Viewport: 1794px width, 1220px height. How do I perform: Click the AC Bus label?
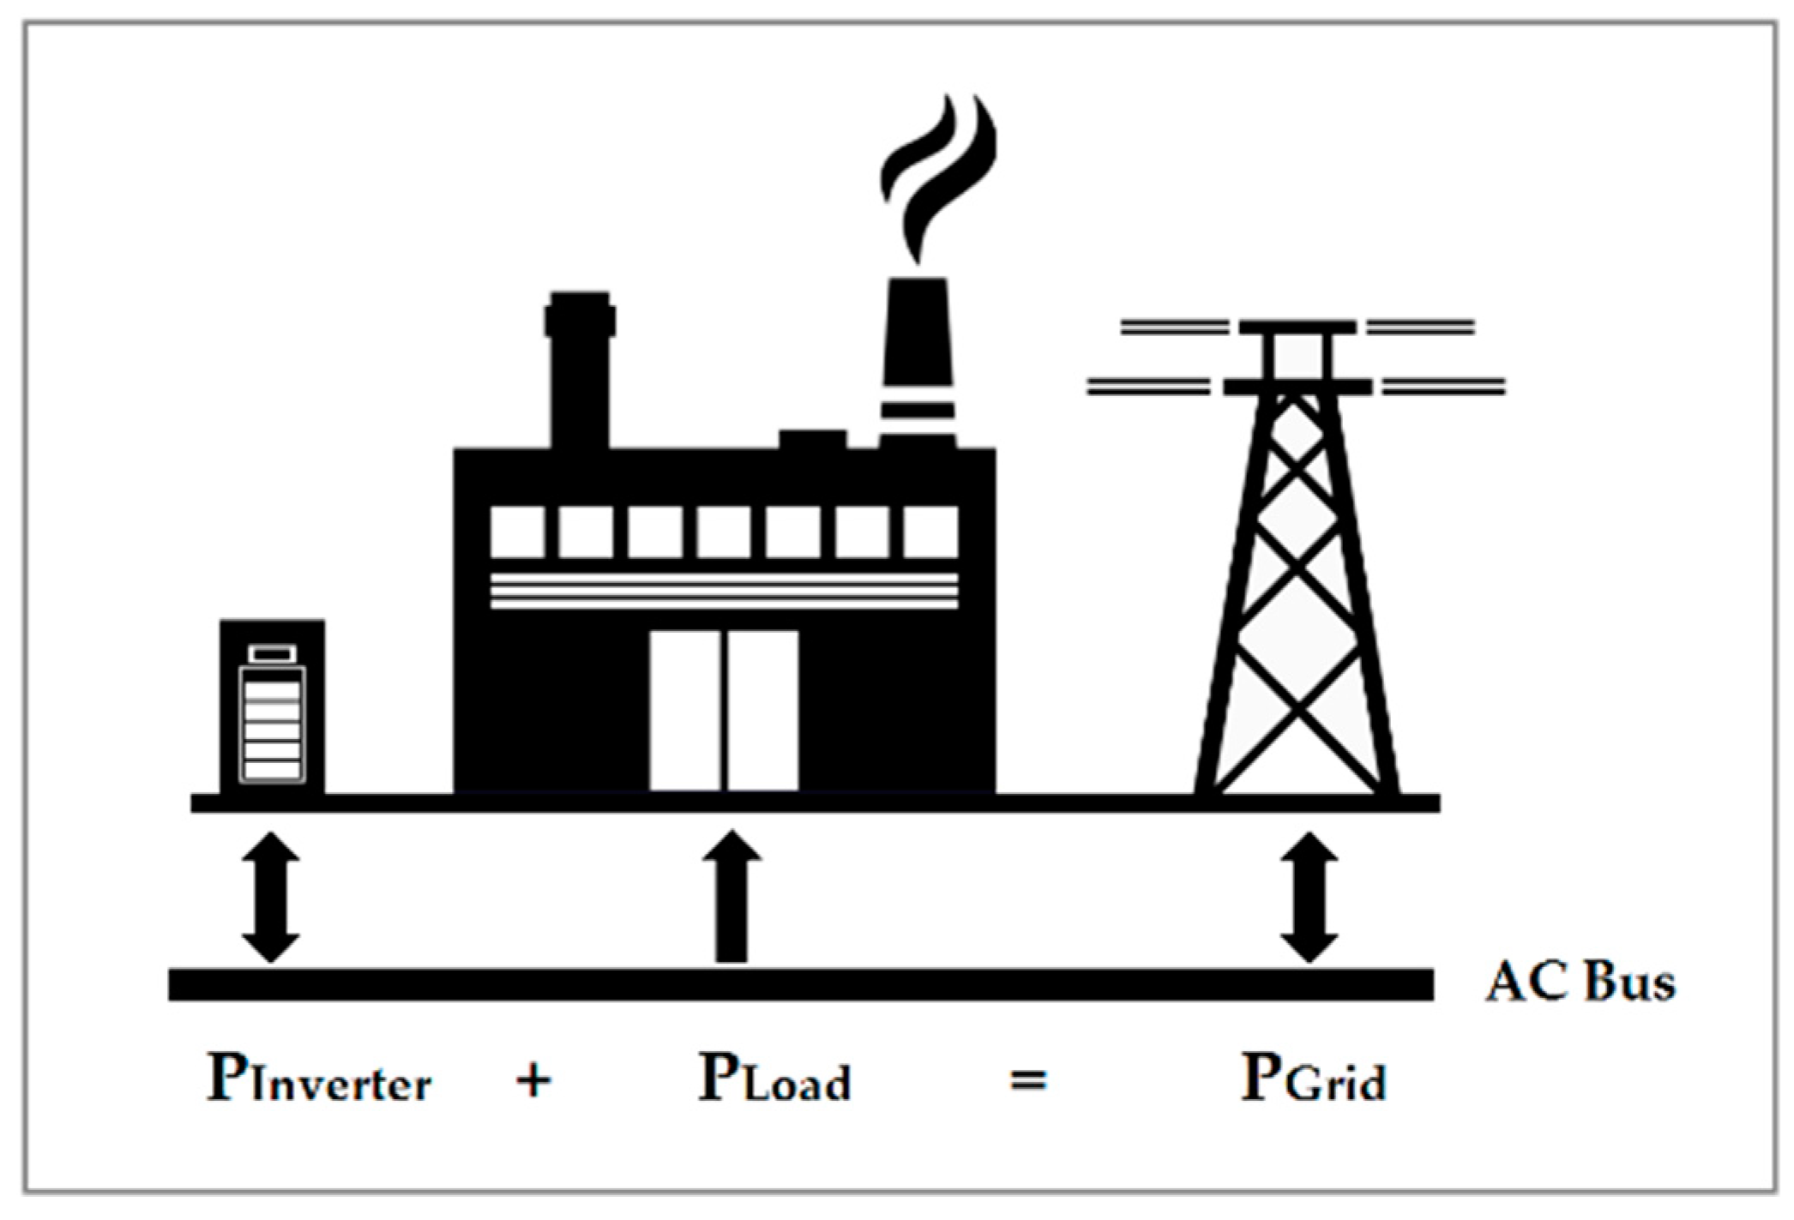[1579, 983]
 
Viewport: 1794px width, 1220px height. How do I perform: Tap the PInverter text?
[319, 1079]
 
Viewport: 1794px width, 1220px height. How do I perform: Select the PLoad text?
[774, 1079]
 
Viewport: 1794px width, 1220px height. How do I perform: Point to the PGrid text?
[1314, 1079]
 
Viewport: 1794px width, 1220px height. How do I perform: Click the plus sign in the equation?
[533, 1080]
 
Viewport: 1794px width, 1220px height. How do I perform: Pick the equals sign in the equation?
[1027, 1080]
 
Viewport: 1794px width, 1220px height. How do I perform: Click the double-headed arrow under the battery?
[271, 897]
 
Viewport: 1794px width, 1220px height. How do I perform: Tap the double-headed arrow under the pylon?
[1309, 897]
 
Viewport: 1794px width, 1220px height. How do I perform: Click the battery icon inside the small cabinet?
[272, 716]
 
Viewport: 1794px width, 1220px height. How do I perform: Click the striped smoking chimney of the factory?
[918, 360]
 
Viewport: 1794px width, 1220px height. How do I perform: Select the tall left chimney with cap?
[581, 369]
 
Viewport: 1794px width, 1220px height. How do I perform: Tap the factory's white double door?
[724, 710]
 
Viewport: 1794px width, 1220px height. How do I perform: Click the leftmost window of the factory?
[517, 532]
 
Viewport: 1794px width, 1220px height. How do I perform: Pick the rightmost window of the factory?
[930, 532]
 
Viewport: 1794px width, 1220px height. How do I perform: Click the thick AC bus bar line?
[800, 983]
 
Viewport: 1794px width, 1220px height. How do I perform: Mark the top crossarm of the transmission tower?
[1297, 327]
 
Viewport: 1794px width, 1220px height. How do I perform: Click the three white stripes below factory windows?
[724, 592]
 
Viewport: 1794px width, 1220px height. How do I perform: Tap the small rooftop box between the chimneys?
[812, 439]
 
